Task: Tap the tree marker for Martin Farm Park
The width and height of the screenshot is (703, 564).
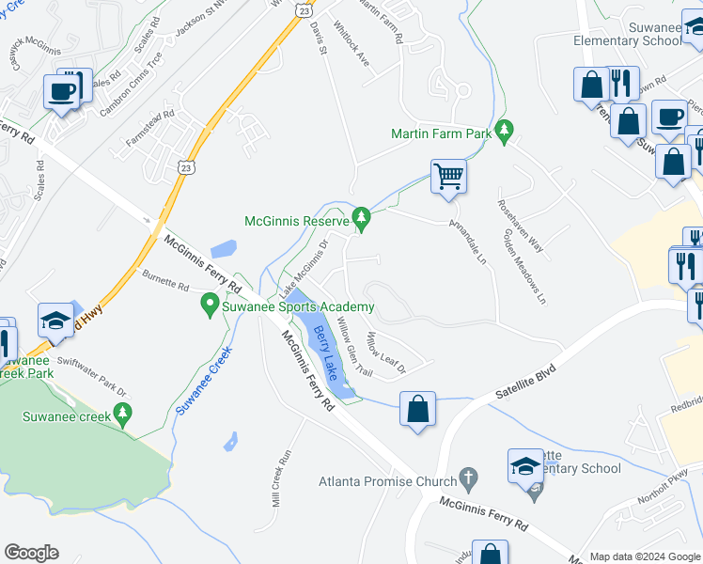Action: [x=505, y=133]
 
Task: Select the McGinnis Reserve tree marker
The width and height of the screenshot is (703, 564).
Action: [x=362, y=221]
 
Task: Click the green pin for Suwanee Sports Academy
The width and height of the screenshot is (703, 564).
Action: [x=211, y=306]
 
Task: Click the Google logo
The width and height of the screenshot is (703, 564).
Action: [x=31, y=553]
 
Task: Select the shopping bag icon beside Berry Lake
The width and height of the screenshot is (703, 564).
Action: [x=417, y=409]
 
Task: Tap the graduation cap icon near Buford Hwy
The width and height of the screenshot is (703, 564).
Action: [x=56, y=320]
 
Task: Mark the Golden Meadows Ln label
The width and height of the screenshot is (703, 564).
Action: [x=524, y=267]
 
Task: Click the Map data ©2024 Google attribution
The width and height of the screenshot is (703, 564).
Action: [x=645, y=556]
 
